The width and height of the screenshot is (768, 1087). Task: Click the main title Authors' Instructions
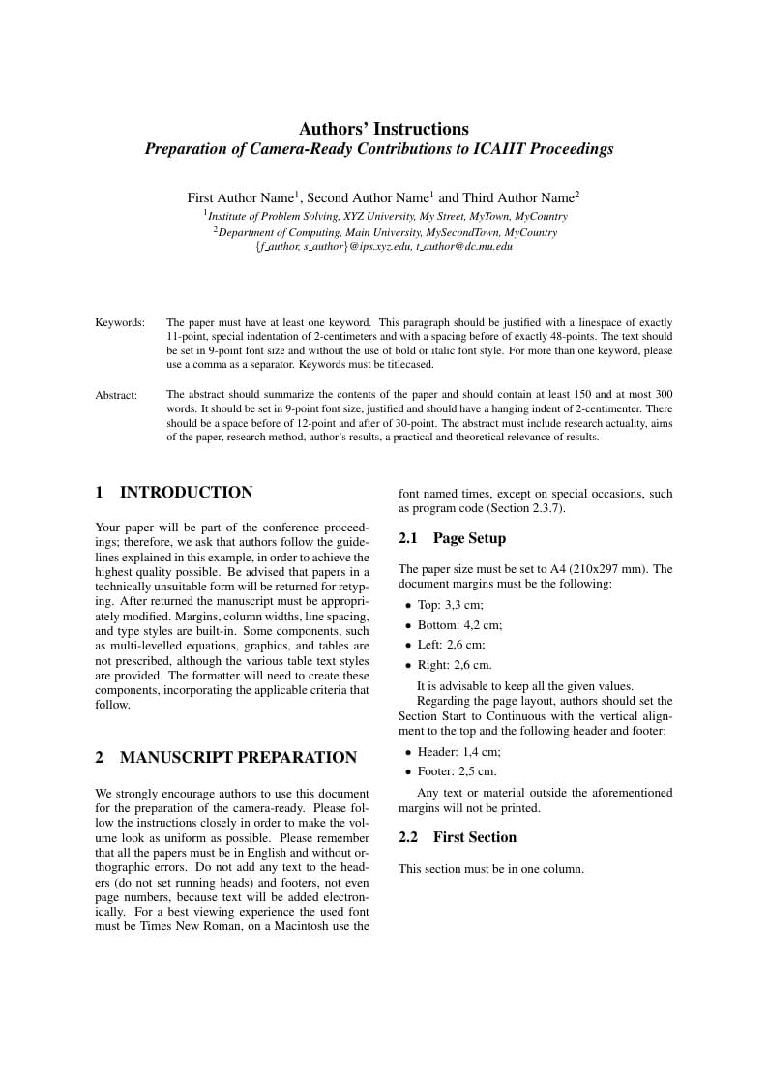383,129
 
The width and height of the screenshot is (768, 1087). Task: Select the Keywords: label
120,322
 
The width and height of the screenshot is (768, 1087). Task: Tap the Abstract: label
116,395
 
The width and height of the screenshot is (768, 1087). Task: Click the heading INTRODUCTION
186,492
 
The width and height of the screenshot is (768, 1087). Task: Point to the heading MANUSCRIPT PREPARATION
238,757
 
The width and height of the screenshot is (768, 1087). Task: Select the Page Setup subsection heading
469,538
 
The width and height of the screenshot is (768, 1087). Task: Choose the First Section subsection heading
474,837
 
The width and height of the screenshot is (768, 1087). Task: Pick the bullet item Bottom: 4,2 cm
459,625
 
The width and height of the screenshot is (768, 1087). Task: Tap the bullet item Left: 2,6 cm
451,645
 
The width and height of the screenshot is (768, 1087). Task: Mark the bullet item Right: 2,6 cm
455,665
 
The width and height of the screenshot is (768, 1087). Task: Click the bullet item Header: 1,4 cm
458,752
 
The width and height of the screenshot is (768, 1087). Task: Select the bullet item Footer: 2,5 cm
457,771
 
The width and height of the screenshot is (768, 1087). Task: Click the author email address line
383,247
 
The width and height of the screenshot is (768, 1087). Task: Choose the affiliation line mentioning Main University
385,232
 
